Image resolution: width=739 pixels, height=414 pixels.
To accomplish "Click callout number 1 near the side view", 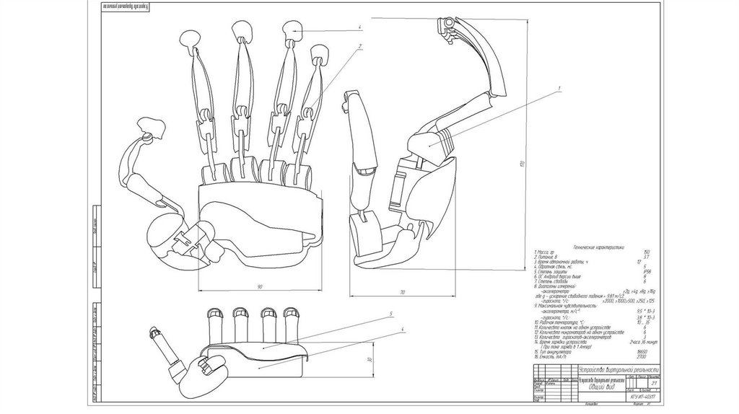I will pyautogui.click(x=559, y=87).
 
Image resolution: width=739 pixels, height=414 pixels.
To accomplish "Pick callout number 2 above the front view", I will pyautogui.click(x=359, y=47).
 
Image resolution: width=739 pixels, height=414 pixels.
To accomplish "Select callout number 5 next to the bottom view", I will pyautogui.click(x=389, y=314).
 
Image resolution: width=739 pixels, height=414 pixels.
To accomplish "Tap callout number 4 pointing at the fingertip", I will pyautogui.click(x=359, y=29).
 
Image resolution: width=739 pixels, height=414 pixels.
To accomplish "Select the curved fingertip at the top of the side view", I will pyautogui.click(x=447, y=25).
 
